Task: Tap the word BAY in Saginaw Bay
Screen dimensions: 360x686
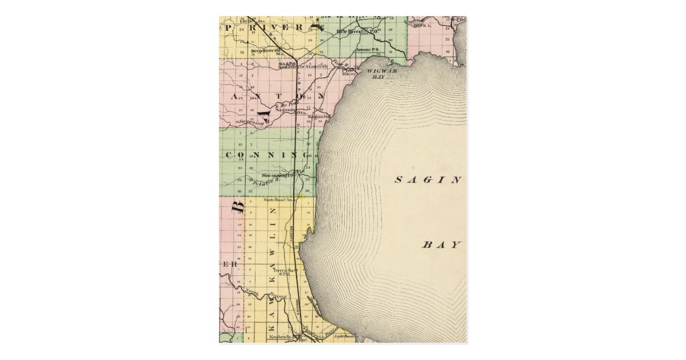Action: [441, 245]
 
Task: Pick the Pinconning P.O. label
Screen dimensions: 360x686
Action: [278, 175]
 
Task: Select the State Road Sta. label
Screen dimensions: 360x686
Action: [278, 200]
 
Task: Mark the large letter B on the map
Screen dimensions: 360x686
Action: [238, 206]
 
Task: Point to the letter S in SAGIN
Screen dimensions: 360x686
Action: [398, 180]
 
